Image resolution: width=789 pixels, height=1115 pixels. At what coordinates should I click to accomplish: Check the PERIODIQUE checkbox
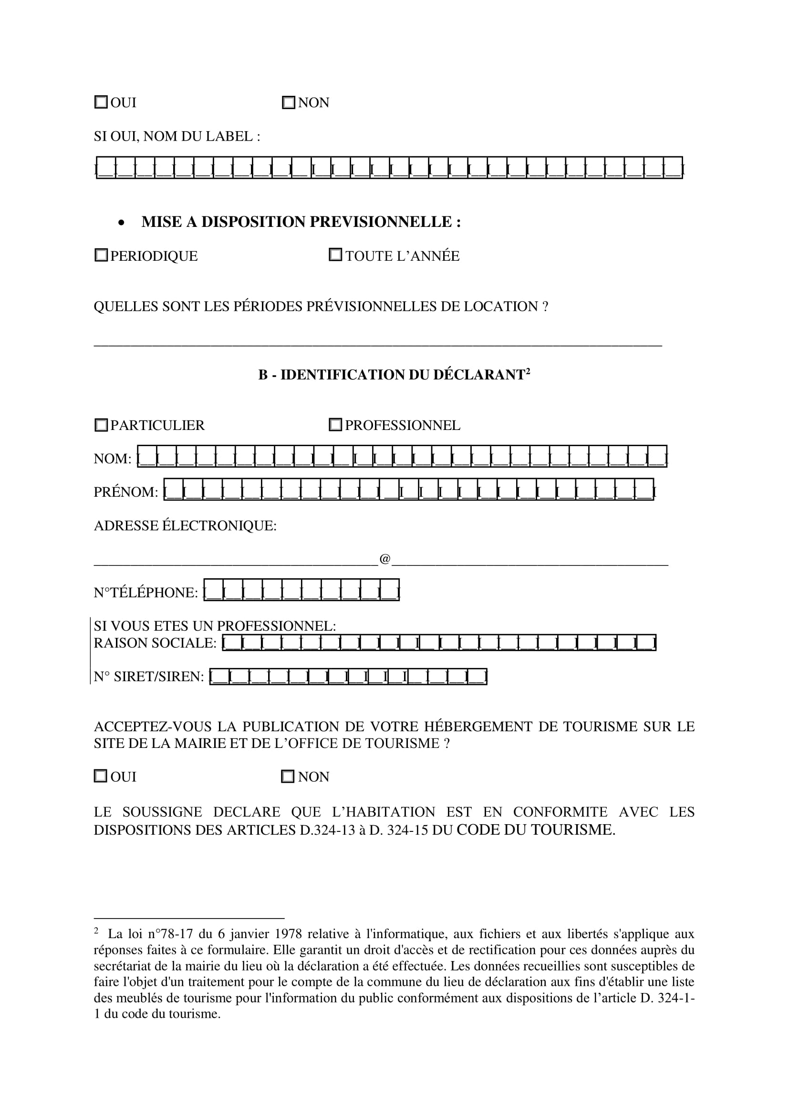tap(101, 255)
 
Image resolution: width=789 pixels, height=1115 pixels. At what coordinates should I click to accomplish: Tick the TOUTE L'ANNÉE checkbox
tap(335, 255)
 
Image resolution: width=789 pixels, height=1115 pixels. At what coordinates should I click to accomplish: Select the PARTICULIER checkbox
tap(101, 425)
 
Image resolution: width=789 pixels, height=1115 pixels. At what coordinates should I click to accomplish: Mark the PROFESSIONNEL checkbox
tap(335, 424)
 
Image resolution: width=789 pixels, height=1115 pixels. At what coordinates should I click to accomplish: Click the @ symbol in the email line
tap(385, 559)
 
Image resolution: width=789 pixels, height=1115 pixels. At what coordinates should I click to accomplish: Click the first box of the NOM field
tap(148, 457)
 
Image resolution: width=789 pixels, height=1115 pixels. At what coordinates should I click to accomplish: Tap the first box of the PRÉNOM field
tap(174, 490)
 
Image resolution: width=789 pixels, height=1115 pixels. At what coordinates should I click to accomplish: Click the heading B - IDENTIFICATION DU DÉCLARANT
tap(394, 375)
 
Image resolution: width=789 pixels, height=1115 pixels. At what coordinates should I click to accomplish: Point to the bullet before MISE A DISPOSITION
tap(121, 223)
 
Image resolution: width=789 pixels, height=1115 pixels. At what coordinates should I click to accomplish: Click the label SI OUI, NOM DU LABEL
tap(177, 136)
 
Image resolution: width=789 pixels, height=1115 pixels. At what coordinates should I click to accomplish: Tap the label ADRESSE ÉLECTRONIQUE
tap(185, 526)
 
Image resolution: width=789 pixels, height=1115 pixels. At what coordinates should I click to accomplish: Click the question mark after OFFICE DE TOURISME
tap(446, 744)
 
